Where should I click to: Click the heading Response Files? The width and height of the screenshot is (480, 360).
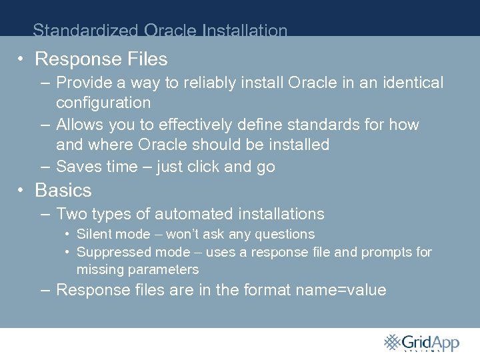(101, 59)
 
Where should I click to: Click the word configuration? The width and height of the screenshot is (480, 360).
(103, 103)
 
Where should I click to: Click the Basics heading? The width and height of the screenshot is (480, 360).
(63, 191)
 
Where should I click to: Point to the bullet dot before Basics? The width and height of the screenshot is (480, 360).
(22, 191)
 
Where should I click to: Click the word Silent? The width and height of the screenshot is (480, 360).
(95, 235)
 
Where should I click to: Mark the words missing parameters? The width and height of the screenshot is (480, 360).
(137, 270)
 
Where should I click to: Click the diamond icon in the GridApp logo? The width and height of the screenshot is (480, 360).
(393, 342)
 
